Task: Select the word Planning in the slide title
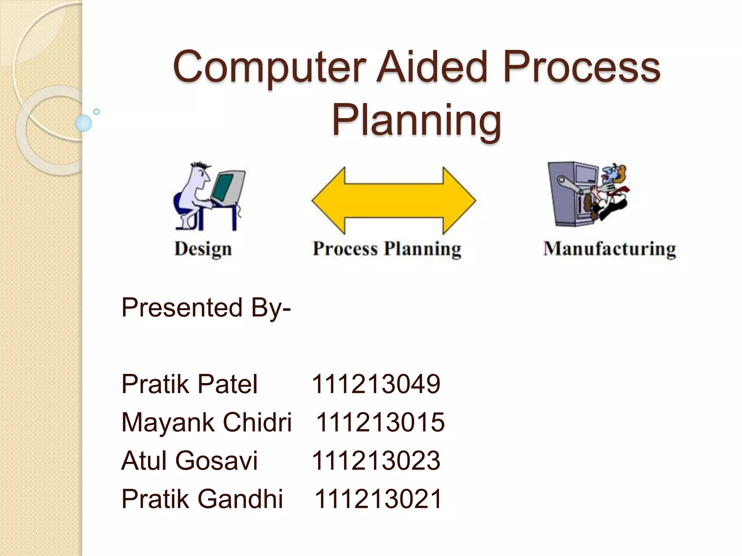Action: click(x=417, y=120)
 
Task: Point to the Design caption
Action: click(x=203, y=249)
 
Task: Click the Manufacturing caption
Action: click(x=609, y=249)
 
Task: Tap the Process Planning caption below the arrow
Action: click(x=387, y=249)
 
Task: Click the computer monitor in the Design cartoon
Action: click(x=227, y=188)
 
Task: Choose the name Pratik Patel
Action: click(x=189, y=384)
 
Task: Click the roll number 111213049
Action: click(x=376, y=384)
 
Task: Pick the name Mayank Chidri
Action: click(x=206, y=422)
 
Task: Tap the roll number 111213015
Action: click(x=380, y=422)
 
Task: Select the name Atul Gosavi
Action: click(x=189, y=461)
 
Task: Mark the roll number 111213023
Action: click(x=376, y=461)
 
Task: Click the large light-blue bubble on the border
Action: click(x=83, y=123)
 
